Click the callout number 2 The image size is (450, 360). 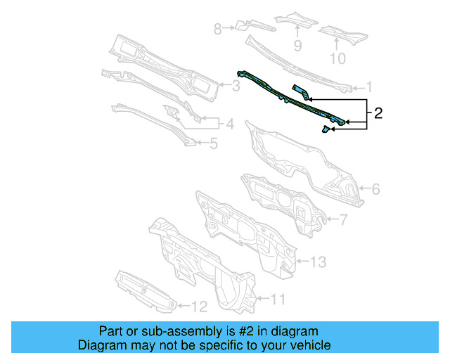coord(378,113)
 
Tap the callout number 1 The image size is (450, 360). coord(368,87)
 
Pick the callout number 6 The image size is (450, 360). coord(375,188)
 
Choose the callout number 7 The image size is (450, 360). coord(344,220)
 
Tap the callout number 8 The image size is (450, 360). coord(217,29)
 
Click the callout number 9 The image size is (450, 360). coord(297,46)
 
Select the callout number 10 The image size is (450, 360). coord(338,58)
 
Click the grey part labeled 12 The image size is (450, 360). coord(144,290)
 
